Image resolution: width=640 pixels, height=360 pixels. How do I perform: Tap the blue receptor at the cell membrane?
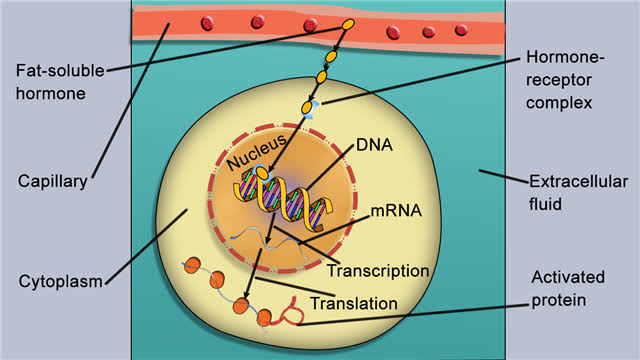click(312, 104)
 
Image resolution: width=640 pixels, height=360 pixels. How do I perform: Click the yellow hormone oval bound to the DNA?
click(262, 174)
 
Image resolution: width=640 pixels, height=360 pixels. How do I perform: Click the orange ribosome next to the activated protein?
click(265, 317)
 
